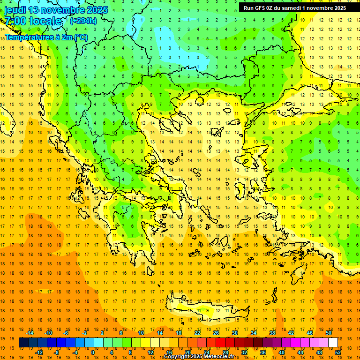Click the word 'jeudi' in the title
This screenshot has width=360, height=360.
coord(15,10)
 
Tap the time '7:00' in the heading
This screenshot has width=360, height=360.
coord(15,22)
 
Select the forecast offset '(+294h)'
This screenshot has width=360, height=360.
coord(83,21)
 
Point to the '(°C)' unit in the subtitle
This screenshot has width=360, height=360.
coord(80,37)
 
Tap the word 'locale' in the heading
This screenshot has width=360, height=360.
coord(45,22)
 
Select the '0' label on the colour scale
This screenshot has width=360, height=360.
coord(93,352)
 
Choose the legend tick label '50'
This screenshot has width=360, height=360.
coord(329,333)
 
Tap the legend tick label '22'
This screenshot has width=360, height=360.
coord(197,333)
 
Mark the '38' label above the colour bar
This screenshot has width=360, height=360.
coord(272,333)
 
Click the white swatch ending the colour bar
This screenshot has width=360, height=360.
coord(333,343)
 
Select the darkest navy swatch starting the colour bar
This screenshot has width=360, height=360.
coord(23,343)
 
